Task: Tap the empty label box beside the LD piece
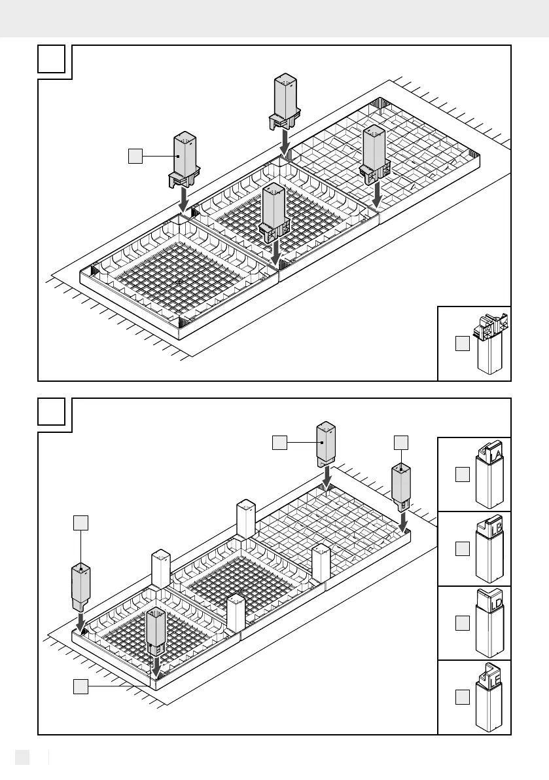tap(463, 623)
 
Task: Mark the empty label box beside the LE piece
tap(463, 697)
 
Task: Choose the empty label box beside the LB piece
tap(463, 549)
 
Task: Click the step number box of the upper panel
tap(51, 60)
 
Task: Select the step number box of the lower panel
tap(51, 413)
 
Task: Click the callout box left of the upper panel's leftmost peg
tap(135, 156)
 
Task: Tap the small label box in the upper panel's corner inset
tap(463, 343)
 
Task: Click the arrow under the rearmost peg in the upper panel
tap(285, 139)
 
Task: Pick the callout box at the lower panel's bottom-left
tap(80, 686)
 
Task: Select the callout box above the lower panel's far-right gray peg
tap(401, 442)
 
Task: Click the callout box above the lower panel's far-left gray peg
tap(80, 522)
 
